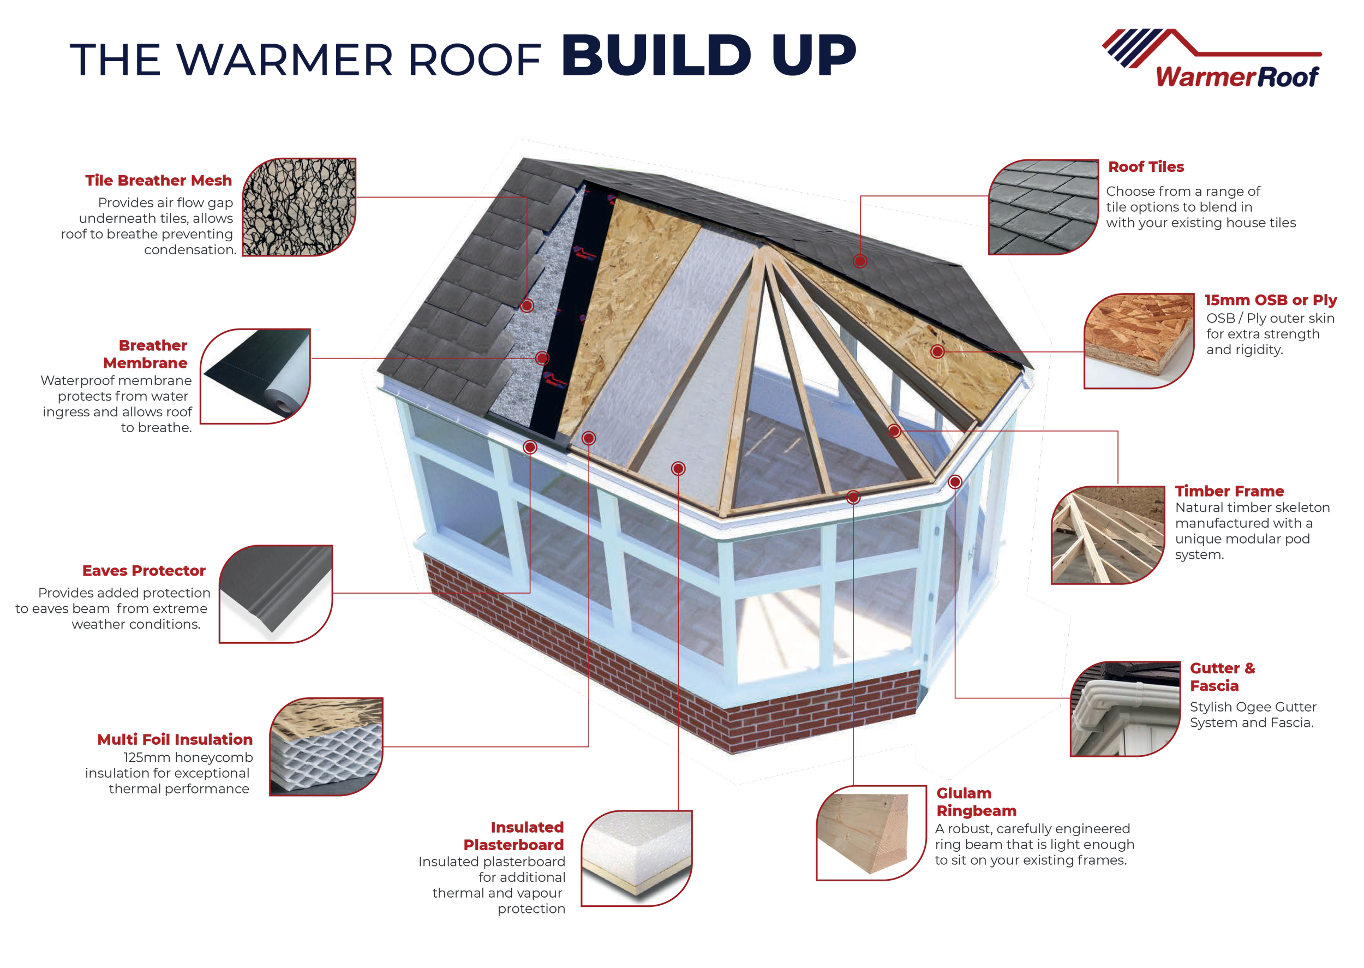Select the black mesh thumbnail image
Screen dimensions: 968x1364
coord(299,207)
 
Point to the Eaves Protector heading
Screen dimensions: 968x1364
coord(145,571)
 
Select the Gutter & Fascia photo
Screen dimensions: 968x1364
coord(1124,709)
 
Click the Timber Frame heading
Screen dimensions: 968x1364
coord(1229,491)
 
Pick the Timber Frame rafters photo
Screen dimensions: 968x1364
coord(1107,535)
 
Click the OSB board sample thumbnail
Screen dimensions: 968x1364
coord(1138,340)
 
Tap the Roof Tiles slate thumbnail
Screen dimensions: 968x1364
coord(1043,207)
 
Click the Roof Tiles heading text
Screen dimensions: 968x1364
coord(1145,167)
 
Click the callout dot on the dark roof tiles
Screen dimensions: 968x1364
coord(859,260)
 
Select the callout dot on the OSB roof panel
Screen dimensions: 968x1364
coord(937,351)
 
